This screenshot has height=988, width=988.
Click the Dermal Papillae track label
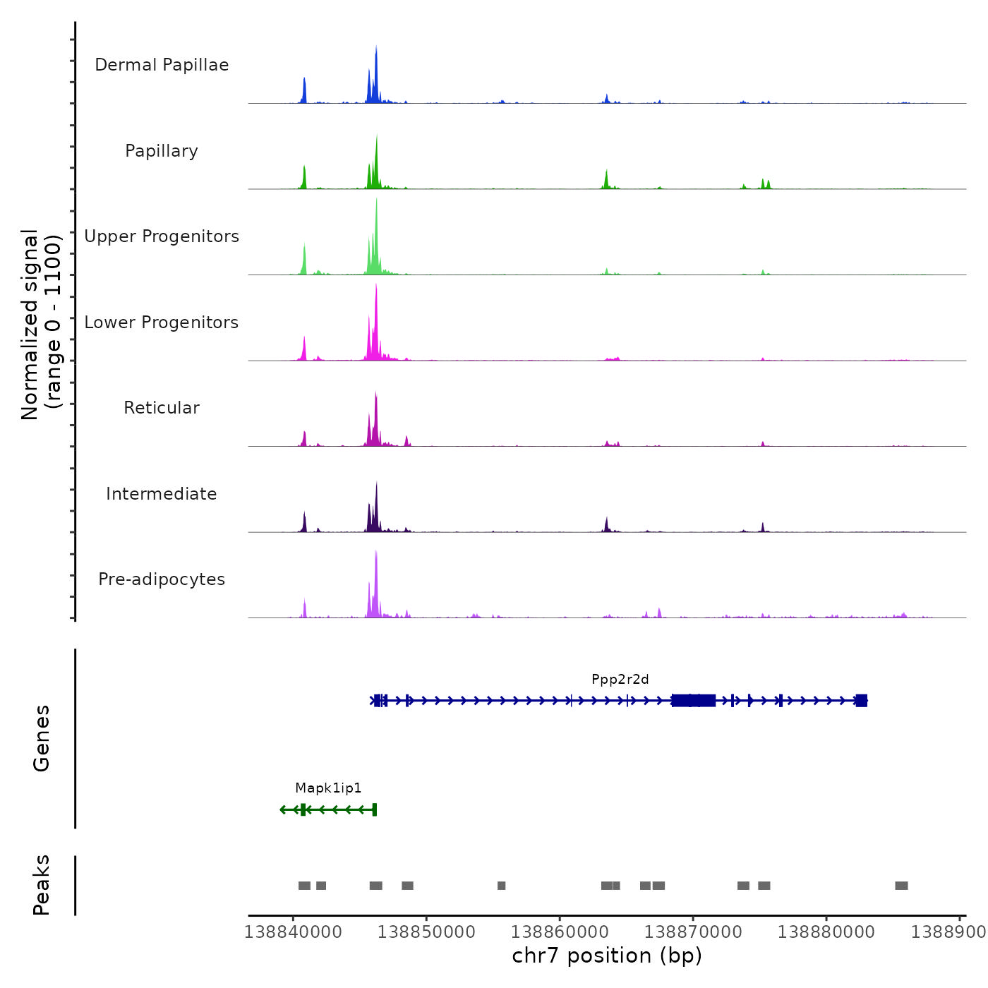tap(162, 65)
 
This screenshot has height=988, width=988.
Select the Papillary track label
tap(162, 151)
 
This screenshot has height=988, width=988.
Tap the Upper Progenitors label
tap(162, 236)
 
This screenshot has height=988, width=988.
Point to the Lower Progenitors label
tap(162, 323)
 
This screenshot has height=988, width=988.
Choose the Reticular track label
tap(162, 408)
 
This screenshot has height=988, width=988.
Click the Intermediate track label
tap(162, 494)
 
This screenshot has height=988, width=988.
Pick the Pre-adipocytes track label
tap(162, 579)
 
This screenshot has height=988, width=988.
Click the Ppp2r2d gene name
tap(620, 680)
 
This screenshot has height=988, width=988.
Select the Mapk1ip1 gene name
tap(328, 788)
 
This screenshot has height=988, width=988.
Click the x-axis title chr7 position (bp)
tap(607, 956)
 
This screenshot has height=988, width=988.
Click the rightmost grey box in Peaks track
tap(901, 886)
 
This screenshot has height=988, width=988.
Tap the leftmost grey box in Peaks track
tap(304, 886)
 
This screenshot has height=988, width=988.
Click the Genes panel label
tap(42, 738)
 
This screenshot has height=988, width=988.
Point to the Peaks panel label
tap(42, 885)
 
